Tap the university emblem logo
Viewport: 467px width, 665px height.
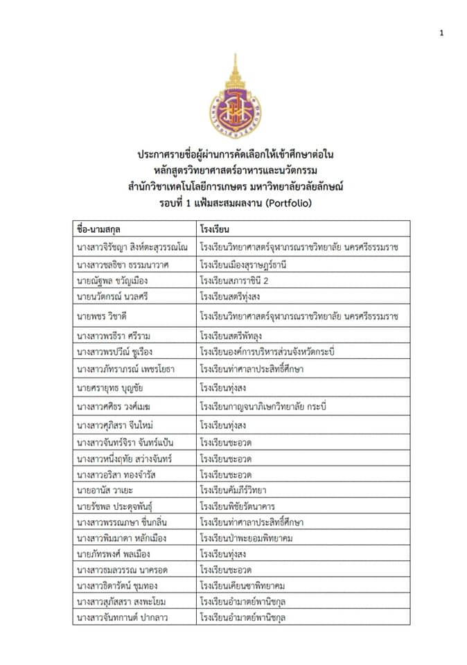pyautogui.click(x=233, y=104)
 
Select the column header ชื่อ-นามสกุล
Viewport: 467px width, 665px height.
pyautogui.click(x=105, y=228)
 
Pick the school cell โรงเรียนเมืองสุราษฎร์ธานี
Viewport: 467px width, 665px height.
pyautogui.click(x=243, y=264)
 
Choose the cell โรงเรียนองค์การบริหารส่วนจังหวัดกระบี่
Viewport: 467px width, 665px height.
pyautogui.click(x=267, y=352)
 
